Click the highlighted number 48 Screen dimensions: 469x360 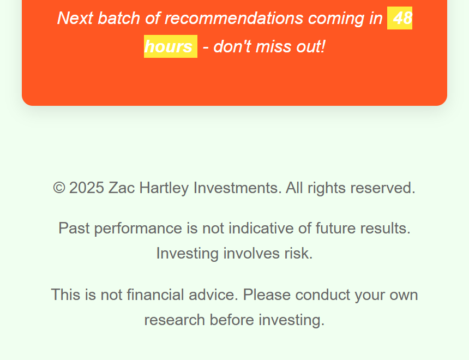[x=402, y=18]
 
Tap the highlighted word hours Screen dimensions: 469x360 [x=168, y=47]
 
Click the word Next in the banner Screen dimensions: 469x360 [x=75, y=18]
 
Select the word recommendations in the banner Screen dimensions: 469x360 [x=234, y=18]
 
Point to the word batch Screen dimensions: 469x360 [x=119, y=18]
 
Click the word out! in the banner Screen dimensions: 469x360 [x=310, y=47]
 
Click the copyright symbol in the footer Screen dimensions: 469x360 [x=59, y=188]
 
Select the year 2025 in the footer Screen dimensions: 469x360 [x=87, y=188]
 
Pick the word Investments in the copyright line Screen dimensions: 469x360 [x=237, y=188]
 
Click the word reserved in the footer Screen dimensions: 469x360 [x=382, y=188]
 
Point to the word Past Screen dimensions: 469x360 [x=74, y=229]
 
